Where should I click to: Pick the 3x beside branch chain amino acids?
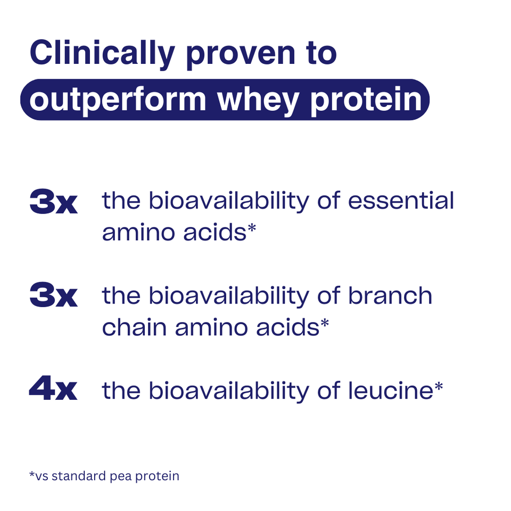(x=53, y=296)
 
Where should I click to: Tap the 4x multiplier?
(x=53, y=391)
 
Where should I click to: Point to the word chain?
(x=134, y=327)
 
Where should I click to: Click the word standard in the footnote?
(x=83, y=475)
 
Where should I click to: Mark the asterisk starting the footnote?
(x=31, y=473)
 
